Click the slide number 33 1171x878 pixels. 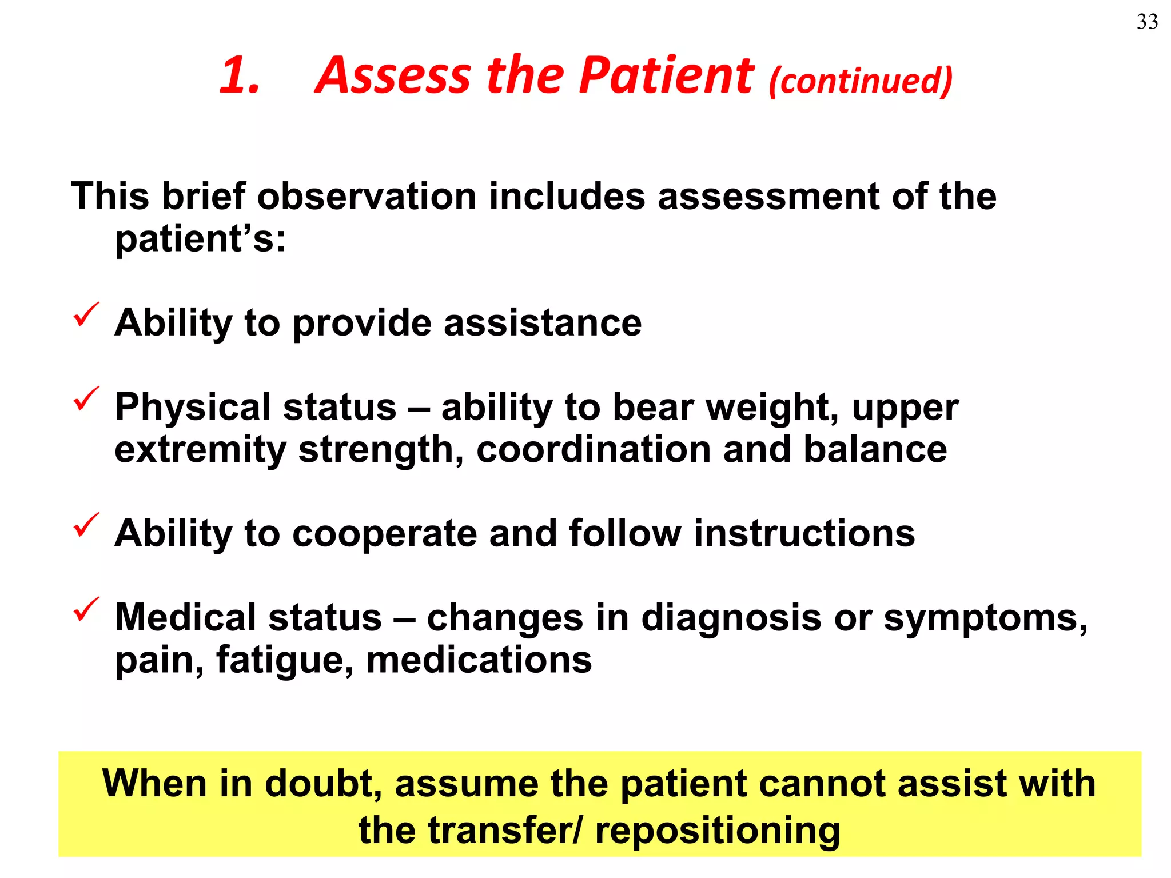[1147, 22]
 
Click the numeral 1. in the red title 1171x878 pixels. [240, 75]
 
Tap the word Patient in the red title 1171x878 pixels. [667, 75]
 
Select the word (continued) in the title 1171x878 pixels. [861, 81]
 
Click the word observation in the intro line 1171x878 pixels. [367, 197]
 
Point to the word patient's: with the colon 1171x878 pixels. [200, 239]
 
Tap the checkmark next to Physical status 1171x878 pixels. [86, 398]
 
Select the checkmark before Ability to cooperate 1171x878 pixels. [86, 525]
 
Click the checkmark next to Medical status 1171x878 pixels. [86, 609]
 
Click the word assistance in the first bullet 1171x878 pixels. [543, 323]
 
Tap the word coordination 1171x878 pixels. [594, 450]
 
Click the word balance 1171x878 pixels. [875, 450]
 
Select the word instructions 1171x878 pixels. [804, 534]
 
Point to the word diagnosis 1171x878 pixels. [731, 618]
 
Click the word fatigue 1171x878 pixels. [284, 661]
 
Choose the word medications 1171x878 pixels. [479, 661]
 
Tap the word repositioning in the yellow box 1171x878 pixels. [718, 831]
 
